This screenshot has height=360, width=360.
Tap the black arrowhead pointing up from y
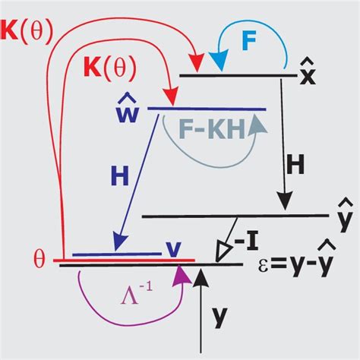coord(201,277)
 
